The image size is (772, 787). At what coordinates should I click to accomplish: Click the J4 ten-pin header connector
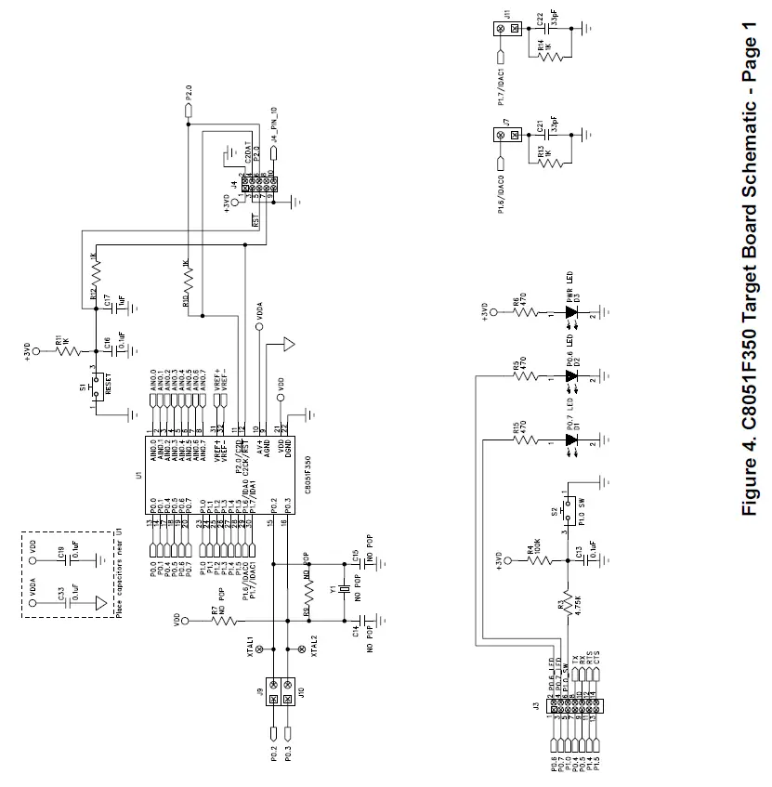tap(254, 188)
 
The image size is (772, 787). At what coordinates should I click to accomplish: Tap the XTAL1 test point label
tap(251, 648)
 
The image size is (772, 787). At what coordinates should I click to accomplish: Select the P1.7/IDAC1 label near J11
tap(501, 67)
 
